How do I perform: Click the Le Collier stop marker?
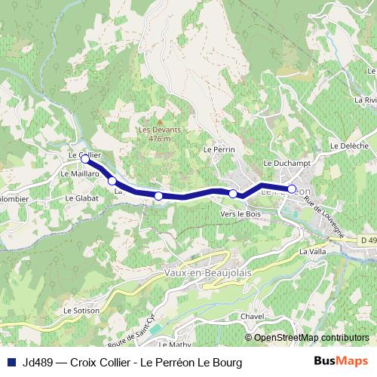tap(85, 159)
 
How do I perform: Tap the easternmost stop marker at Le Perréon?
tap(292, 189)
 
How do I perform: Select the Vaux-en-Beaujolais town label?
tap(207, 271)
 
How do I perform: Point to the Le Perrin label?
tap(216, 150)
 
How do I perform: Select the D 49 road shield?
tap(368, 240)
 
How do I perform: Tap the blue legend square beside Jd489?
tap(11, 363)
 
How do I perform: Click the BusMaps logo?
tap(342, 362)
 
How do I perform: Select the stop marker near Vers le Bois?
tap(233, 195)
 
